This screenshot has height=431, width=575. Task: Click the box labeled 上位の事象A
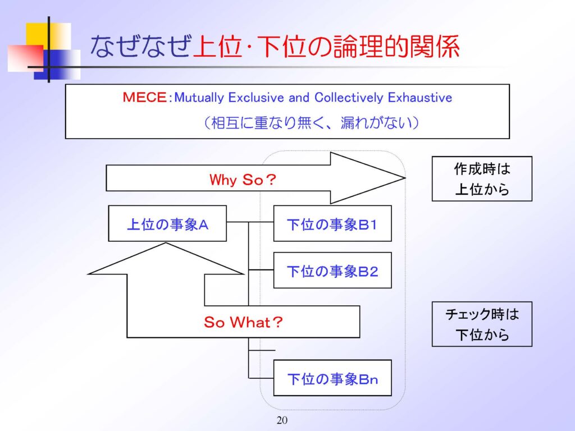[x=167, y=223]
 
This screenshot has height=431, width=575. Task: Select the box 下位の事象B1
[x=332, y=223]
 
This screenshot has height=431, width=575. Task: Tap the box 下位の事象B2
[x=332, y=270]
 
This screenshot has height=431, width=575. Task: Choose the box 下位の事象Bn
[x=332, y=378]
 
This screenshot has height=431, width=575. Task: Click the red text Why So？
[x=243, y=180]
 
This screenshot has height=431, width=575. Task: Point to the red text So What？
[x=243, y=322]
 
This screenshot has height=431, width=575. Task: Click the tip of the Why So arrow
[x=405, y=178]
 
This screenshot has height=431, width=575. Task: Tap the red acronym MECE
[x=144, y=97]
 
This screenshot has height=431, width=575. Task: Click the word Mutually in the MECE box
[x=199, y=98]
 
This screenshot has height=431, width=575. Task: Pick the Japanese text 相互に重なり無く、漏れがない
[x=311, y=122]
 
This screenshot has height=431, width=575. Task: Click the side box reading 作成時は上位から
[x=482, y=179]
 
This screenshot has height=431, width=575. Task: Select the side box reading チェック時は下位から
[x=482, y=324]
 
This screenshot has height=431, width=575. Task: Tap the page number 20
[x=282, y=420]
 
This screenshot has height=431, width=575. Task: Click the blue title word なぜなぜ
[x=141, y=46]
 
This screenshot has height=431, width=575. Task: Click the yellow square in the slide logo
[x=48, y=36]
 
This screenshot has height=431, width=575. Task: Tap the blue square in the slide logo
[x=57, y=65]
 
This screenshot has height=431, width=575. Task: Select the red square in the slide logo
[x=25, y=58]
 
